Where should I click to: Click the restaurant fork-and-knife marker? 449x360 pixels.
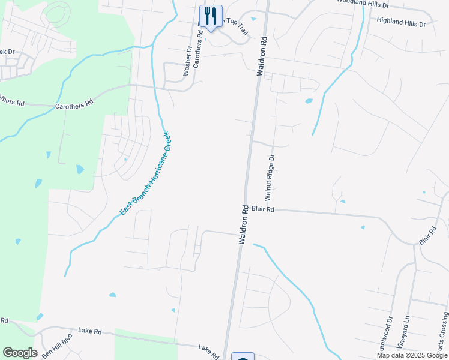[210, 16]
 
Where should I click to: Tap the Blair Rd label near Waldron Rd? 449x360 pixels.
[263, 209]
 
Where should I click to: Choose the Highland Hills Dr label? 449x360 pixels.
[400, 22]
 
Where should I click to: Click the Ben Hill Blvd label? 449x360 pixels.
[56, 346]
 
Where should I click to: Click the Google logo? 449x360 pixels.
[20, 353]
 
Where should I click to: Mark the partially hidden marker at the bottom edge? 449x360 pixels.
[243, 356]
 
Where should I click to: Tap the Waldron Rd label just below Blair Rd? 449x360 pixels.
[244, 225]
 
